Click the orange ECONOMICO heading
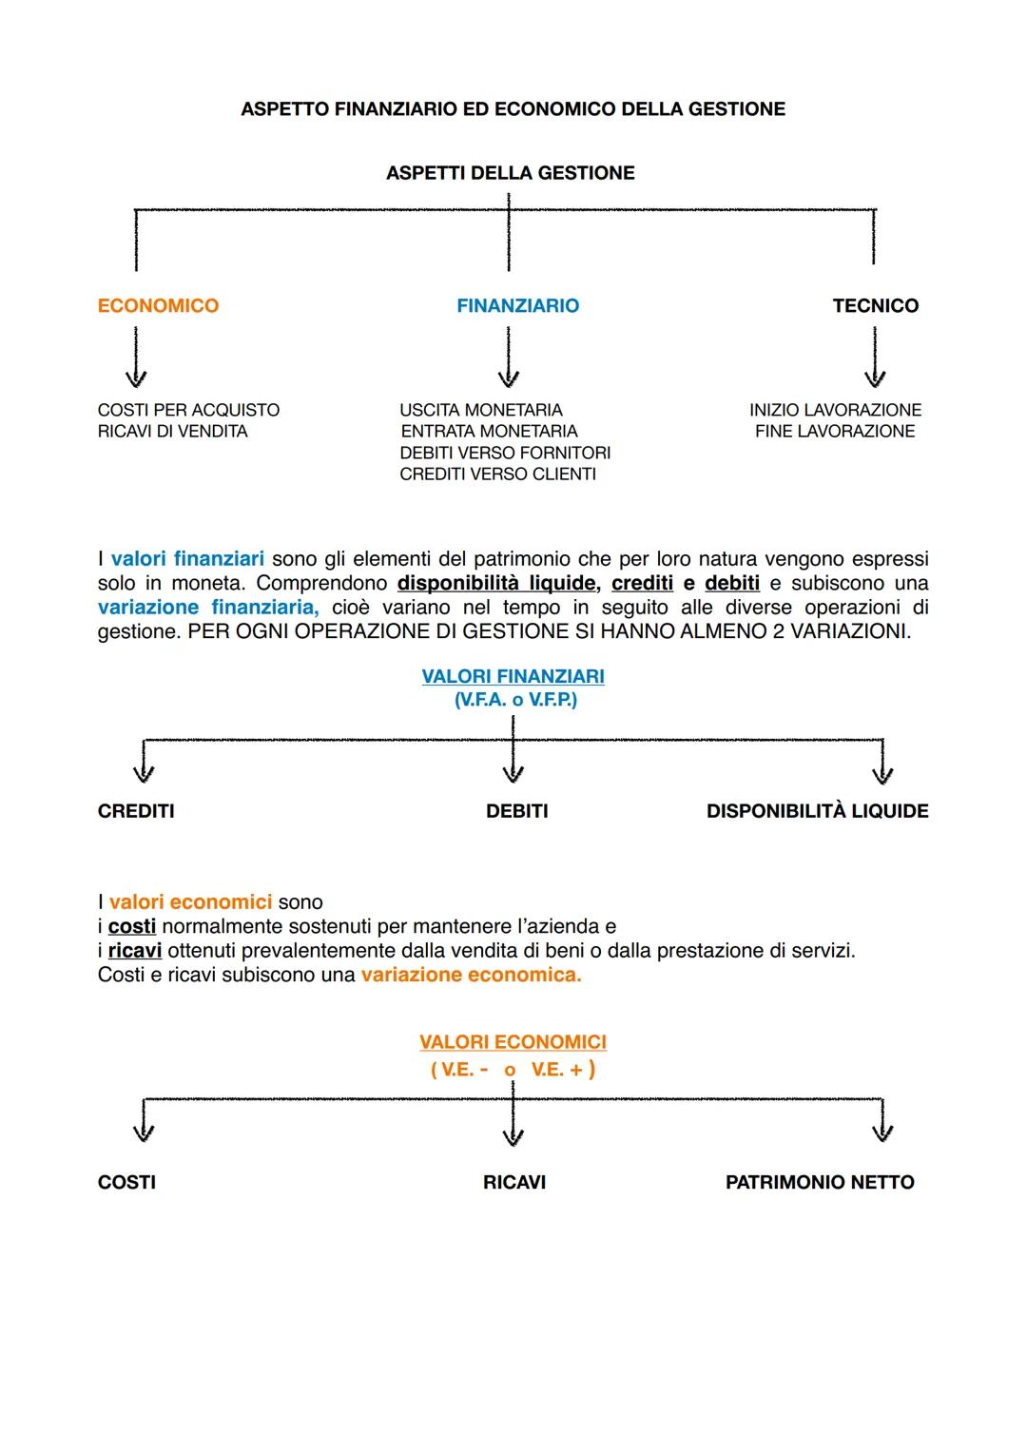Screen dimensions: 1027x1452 [x=158, y=306]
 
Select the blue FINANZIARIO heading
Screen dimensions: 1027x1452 [x=517, y=306]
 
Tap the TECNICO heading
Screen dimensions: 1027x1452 [x=875, y=306]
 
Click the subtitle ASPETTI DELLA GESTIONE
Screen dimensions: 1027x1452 [x=510, y=173]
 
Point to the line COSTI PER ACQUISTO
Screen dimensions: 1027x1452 [x=188, y=410]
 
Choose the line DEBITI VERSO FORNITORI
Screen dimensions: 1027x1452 [x=505, y=453]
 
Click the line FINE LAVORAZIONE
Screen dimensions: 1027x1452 [x=835, y=432]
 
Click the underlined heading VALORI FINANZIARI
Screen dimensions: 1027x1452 [x=513, y=676]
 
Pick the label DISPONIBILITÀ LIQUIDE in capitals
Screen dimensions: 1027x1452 [x=817, y=811]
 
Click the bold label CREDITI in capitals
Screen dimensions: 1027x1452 [x=136, y=811]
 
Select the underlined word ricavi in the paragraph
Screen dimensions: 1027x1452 [x=135, y=951]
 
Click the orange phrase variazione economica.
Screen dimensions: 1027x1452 [x=471, y=975]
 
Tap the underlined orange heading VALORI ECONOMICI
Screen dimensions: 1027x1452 [x=513, y=1042]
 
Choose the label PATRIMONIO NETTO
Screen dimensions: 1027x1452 [x=820, y=1182]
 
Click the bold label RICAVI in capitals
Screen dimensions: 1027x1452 [x=513, y=1182]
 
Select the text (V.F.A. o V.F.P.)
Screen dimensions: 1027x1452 [x=515, y=700]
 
